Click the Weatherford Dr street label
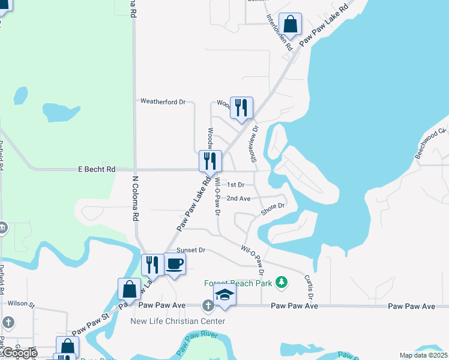[x=163, y=102]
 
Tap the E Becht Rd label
[x=97, y=170]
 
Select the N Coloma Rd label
[x=136, y=198]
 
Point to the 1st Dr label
[x=237, y=185]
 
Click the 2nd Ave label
[x=238, y=198]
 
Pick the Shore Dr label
[x=273, y=209]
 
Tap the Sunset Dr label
[x=191, y=250]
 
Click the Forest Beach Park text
[x=238, y=283]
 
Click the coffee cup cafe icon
[x=175, y=263]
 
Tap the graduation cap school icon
[x=224, y=295]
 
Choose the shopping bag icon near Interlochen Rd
[x=291, y=25]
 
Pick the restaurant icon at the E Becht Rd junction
[x=210, y=160]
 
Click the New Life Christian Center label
[x=178, y=321]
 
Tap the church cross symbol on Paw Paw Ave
[x=208, y=306]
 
